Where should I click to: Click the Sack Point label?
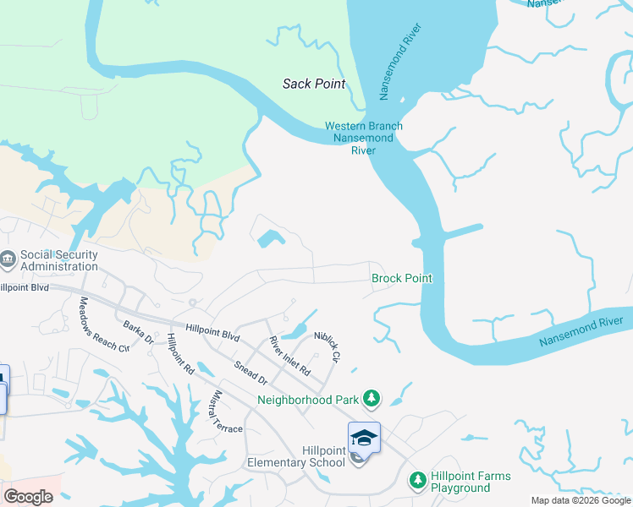click(x=313, y=84)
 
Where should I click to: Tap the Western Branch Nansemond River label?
click(x=364, y=139)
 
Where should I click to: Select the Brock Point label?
click(x=402, y=278)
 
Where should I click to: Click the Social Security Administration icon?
click(x=8, y=259)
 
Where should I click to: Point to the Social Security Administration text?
click(x=59, y=260)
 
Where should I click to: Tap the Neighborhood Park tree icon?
click(x=371, y=397)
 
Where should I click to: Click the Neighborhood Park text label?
click(x=306, y=400)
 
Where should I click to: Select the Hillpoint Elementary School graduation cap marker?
click(x=364, y=438)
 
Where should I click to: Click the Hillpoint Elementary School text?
click(x=296, y=457)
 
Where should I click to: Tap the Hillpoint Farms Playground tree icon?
click(x=416, y=480)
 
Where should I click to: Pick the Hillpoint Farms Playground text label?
click(x=471, y=482)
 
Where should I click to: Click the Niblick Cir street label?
click(x=326, y=346)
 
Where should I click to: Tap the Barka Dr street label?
click(x=138, y=332)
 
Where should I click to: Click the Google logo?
click(x=28, y=497)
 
